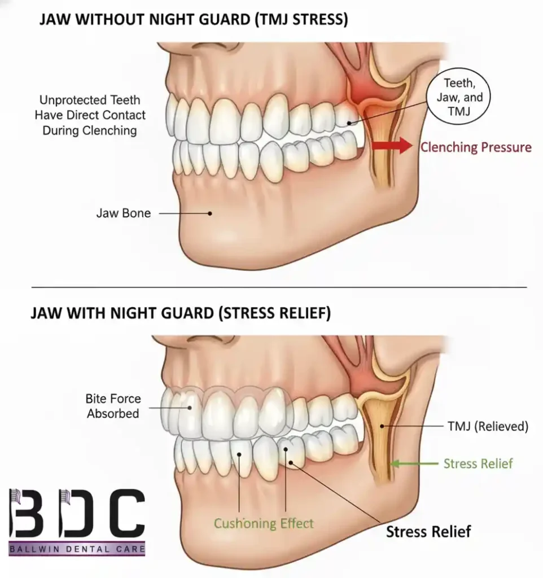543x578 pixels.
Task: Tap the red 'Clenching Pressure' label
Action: pos(475,147)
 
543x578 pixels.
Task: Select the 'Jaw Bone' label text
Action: pos(123,214)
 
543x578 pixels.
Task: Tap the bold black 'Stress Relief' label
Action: pos(428,531)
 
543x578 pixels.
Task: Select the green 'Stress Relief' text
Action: pos(478,463)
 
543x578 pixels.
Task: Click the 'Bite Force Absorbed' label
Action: pos(113,406)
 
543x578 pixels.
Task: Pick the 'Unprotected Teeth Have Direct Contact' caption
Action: pos(90,115)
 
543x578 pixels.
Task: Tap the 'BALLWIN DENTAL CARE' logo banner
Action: pos(77,548)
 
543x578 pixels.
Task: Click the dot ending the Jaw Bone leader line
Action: pos(210,214)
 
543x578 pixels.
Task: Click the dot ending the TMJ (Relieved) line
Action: pos(382,427)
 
